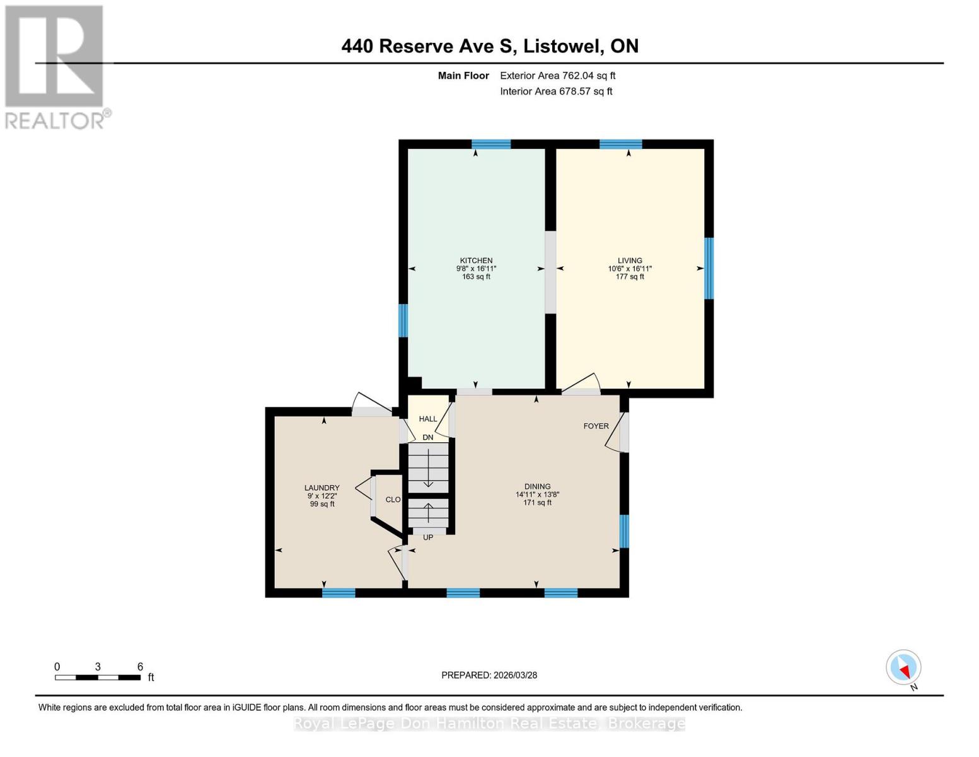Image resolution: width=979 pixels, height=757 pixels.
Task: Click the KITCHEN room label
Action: pos(476,261)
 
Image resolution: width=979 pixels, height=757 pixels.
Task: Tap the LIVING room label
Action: pos(629,261)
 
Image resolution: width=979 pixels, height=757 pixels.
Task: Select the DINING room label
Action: pos(537,486)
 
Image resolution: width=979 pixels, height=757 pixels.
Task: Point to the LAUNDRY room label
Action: pos(322,488)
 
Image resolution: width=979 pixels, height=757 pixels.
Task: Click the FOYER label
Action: pos(596,426)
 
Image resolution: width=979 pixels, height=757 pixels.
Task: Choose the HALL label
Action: pos(427,419)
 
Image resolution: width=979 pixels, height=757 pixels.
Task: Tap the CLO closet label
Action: pos(393,500)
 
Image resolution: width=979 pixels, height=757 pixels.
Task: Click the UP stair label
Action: pos(427,537)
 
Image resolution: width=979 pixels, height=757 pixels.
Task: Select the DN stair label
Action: pos(427,437)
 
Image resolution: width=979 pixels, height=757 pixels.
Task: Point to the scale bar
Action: pos(98,677)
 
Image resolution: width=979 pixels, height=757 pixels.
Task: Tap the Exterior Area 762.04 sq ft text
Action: pos(557,76)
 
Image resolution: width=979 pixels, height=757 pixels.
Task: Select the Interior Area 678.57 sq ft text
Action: pos(556,91)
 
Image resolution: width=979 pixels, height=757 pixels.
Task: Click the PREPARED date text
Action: pos(489,675)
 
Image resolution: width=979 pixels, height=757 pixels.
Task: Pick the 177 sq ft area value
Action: pos(629,276)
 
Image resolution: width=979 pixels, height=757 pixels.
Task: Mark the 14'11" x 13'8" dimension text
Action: pos(537,495)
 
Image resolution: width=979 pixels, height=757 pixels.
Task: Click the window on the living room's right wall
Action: pos(708,268)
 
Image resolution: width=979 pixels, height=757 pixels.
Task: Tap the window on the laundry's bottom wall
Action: pos(339,593)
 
